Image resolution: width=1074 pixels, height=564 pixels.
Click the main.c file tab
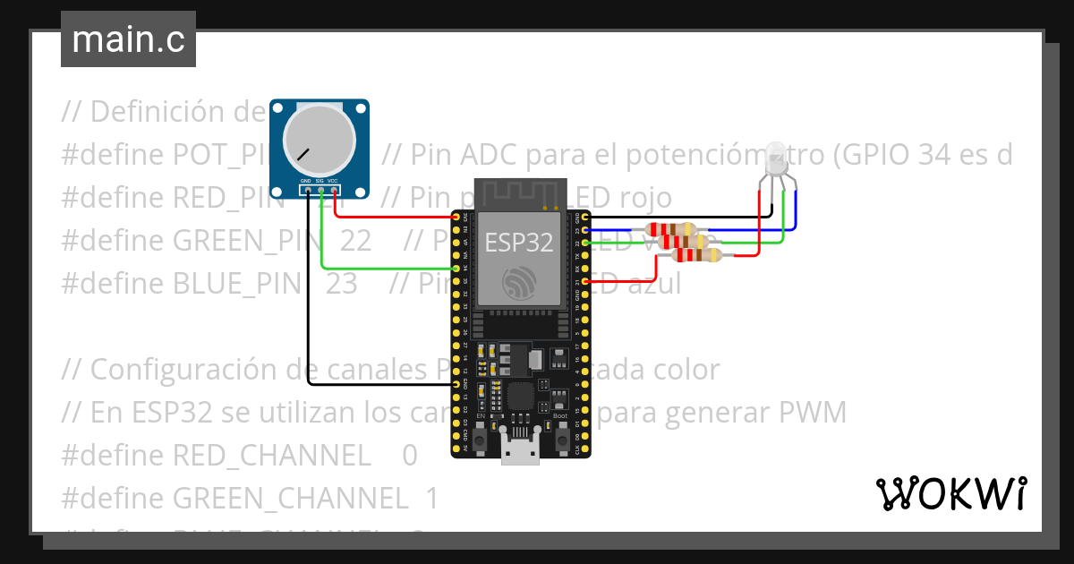(x=128, y=40)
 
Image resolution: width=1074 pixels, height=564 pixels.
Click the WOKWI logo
(x=950, y=493)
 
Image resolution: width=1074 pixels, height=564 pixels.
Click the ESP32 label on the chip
(x=518, y=242)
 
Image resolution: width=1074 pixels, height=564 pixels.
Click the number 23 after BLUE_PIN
(x=341, y=283)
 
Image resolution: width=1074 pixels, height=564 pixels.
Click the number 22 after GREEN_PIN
(x=354, y=240)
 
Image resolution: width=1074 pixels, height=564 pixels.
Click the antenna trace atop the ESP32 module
(x=520, y=192)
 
